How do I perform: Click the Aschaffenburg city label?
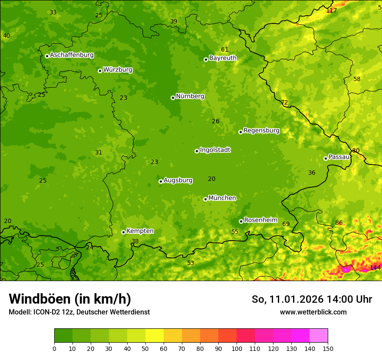coord(72,55)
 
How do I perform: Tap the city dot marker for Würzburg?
coord(100,71)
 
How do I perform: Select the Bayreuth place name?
coord(223,58)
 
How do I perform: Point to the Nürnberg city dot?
coord(173,98)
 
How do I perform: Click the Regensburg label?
coord(261,131)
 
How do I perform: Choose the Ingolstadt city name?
coord(215,150)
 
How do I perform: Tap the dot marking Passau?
coord(326,158)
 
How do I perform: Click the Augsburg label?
coord(178,180)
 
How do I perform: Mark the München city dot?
coord(205,199)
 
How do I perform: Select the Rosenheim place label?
coord(260,220)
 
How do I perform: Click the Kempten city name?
coord(140,231)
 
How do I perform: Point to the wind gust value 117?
coord(331,10)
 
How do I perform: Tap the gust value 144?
coord(375,268)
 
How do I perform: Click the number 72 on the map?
coord(284,103)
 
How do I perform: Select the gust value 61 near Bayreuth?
coord(224,50)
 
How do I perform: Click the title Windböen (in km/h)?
coord(70,299)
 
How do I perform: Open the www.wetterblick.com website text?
coord(313,312)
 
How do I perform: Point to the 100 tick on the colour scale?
coord(237,348)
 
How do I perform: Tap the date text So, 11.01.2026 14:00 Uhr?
coord(312,299)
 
